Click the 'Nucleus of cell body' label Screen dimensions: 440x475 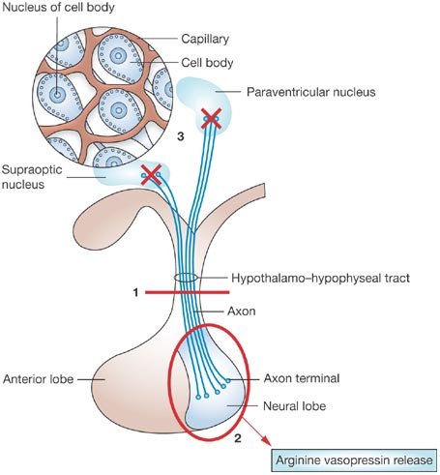click(58, 7)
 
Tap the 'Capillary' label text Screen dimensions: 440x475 click(205, 39)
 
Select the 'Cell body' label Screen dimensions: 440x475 click(207, 63)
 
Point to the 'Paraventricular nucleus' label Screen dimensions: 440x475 click(311, 92)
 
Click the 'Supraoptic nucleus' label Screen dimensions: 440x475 click(32, 177)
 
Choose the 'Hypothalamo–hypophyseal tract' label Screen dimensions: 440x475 click(320, 278)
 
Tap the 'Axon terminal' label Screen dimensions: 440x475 click(302, 378)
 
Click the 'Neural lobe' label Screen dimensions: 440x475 click(294, 406)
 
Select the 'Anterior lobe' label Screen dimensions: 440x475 click(38, 379)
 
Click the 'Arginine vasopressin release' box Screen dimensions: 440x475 click(354, 460)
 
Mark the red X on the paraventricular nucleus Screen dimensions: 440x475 click(211, 119)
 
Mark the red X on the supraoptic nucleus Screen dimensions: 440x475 click(151, 175)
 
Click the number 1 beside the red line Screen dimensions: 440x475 click(135, 292)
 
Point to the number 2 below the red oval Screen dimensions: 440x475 click(238, 438)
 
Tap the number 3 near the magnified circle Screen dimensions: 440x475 click(181, 136)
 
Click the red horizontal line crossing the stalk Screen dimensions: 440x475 click(188, 292)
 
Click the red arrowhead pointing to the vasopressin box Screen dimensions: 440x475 click(266, 440)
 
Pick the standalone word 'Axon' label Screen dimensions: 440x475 click(242, 312)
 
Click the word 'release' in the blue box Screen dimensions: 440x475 click(412, 460)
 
